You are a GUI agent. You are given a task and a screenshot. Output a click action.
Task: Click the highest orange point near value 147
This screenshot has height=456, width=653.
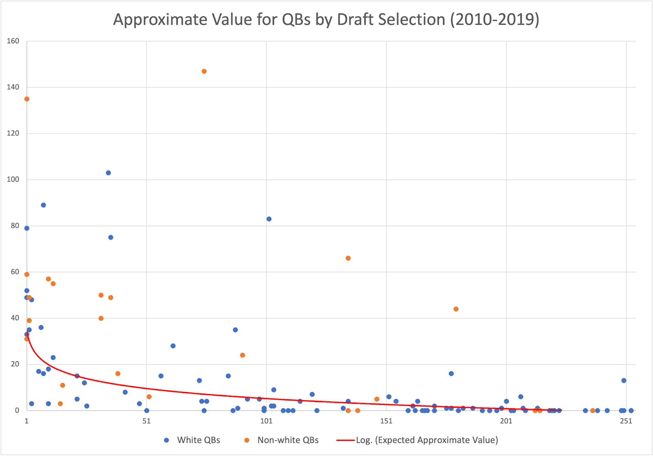tap(204, 71)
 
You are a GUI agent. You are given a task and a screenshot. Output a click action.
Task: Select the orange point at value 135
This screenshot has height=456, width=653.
tap(27, 99)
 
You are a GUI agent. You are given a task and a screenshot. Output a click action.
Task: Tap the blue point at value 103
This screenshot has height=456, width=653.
tap(108, 173)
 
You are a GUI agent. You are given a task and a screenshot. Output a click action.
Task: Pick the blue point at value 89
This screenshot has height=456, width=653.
tap(43, 205)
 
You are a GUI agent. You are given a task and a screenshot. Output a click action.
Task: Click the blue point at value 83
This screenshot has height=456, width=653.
tap(269, 219)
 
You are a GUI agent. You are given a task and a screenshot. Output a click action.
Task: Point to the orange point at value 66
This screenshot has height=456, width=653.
tap(348, 258)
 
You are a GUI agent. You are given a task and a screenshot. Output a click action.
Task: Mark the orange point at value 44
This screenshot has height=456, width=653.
tap(456, 309)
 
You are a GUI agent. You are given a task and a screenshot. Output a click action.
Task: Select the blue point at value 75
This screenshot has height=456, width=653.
tap(111, 237)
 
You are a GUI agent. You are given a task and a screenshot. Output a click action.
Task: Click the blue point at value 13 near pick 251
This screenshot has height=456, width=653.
tap(624, 380)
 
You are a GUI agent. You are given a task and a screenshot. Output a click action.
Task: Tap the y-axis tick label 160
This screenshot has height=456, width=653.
tap(13, 41)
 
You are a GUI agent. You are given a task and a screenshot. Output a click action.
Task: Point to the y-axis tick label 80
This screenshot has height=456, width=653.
tap(15, 226)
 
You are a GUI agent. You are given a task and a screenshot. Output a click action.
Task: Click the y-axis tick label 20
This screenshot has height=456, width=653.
tap(15, 364)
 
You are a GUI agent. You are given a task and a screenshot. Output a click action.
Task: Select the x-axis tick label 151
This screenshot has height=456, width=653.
tap(386, 421)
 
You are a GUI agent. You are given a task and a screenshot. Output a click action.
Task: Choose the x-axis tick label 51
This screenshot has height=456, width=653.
tap(147, 421)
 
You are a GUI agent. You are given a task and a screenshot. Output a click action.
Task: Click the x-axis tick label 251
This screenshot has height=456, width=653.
tap(626, 421)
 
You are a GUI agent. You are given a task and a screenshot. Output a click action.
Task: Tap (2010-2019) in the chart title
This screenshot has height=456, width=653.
tap(495, 20)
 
